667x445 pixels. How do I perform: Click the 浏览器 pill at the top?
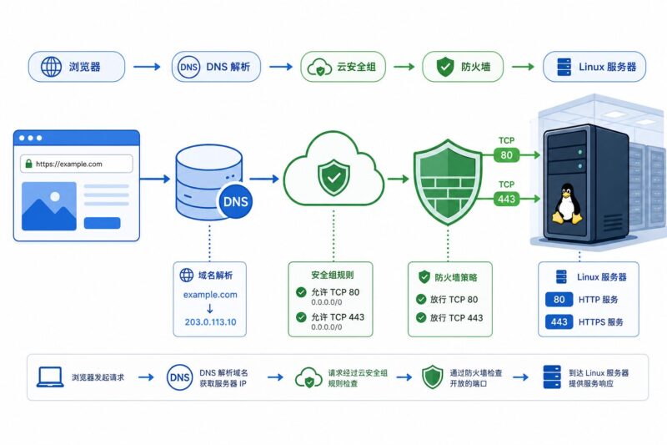77,67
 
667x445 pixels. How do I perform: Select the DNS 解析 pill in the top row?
216,67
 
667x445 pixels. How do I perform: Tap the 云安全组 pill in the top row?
343,67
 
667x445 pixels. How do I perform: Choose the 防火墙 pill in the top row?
463,67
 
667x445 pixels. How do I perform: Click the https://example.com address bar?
77,164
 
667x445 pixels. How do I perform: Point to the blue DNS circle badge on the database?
235,201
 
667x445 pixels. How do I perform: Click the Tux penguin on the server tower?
567,204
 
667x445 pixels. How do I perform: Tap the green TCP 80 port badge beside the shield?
506,155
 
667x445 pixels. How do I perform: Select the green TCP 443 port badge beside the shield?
506,199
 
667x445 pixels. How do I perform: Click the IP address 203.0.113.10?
210,322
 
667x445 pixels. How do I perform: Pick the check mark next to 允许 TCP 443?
301,316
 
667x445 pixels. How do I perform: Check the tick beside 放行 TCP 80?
421,300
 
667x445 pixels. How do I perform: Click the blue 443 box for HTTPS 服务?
559,322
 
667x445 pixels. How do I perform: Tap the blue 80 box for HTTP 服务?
559,300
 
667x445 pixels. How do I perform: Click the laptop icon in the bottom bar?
50,377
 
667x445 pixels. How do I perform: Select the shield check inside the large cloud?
334,177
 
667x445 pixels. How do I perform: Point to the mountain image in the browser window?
49,206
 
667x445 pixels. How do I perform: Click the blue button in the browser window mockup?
102,223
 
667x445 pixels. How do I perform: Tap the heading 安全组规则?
332,275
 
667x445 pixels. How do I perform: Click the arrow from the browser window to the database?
155,179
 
